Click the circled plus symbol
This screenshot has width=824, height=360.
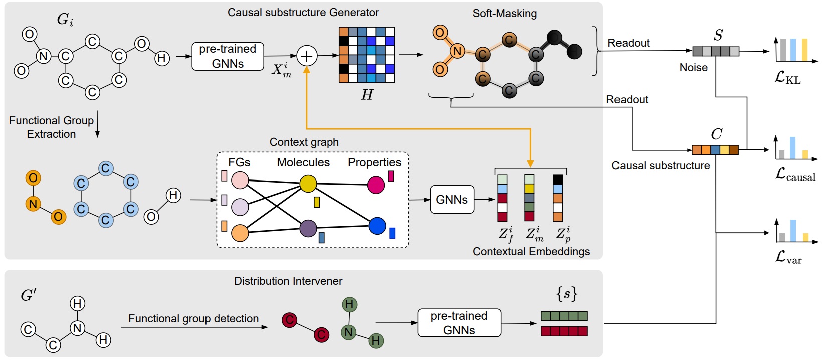coord(307,56)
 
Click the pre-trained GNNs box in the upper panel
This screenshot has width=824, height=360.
coord(228,56)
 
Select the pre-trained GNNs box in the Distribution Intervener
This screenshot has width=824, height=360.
coord(459,323)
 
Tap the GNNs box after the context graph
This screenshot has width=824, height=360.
coord(452,200)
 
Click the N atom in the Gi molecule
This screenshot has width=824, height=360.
coord(44,56)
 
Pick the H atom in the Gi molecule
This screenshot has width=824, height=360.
coord(161,58)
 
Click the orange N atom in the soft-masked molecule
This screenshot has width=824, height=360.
coord(457,51)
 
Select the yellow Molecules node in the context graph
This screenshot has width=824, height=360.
coord(308,184)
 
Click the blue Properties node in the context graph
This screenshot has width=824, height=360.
coord(377,226)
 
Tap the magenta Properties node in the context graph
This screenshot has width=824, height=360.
coord(376,185)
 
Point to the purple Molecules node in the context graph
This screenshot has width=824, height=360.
coord(308,228)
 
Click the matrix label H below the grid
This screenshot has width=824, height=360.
coord(367,94)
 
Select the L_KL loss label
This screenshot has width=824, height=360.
coord(787,78)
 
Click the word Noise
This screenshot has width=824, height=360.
coord(693,67)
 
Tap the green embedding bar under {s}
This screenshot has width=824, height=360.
coord(564,316)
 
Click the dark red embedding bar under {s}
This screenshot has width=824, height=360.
coord(564,331)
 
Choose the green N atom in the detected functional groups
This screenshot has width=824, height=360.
coord(349,332)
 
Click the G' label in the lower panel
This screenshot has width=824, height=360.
coord(29,295)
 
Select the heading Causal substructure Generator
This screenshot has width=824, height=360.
coord(303,13)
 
